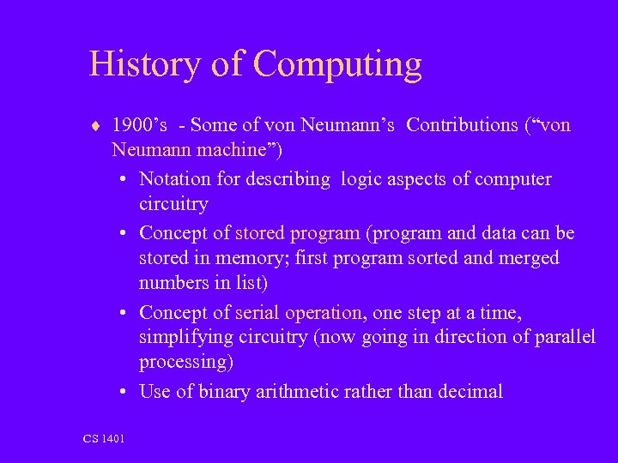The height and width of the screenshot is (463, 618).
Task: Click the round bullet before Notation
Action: [x=124, y=180]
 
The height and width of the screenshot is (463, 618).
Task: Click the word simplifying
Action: [x=183, y=338]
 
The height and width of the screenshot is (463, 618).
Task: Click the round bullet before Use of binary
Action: [x=124, y=393]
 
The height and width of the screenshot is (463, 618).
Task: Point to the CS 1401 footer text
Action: [x=104, y=439]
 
